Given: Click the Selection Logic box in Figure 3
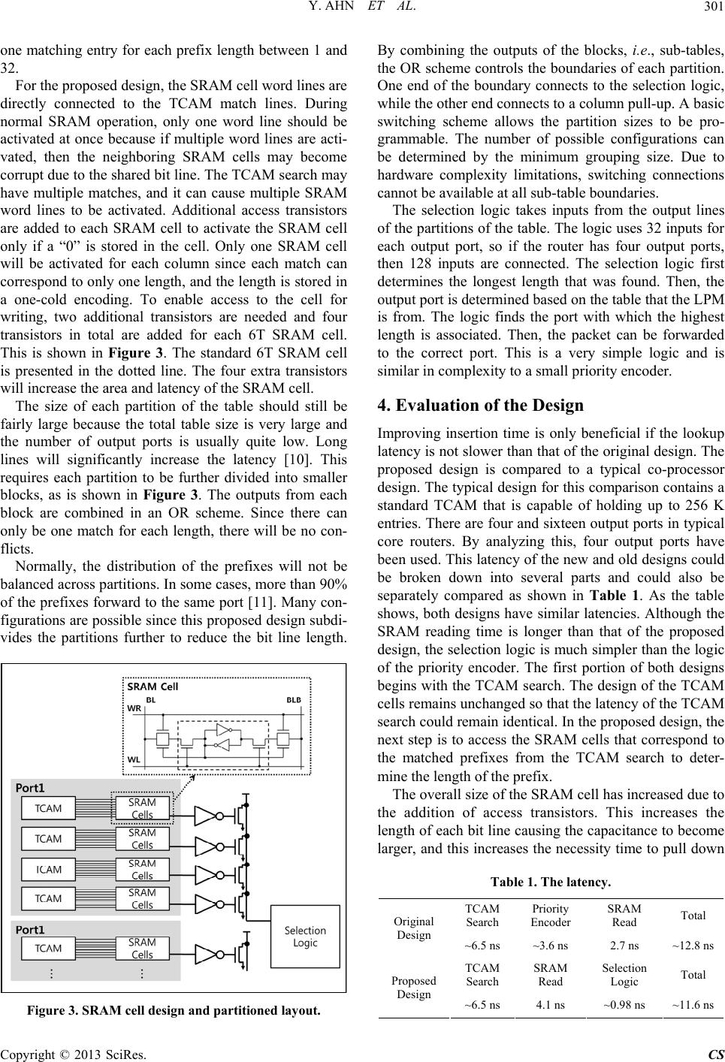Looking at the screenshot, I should click(305, 937).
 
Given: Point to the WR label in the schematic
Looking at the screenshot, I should click(134, 707).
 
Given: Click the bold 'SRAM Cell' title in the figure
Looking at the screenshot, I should click(153, 686).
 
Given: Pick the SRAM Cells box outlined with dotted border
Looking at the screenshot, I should click(142, 809).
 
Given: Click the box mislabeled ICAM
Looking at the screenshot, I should click(48, 869).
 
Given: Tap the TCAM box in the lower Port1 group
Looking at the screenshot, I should click(48, 949).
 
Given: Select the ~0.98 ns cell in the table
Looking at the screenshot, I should click(624, 1005).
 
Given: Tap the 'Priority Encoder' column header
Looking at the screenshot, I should click(550, 916).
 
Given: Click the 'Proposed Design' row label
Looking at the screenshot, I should click(413, 988).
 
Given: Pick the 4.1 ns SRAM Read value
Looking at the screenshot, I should click(550, 1005).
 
